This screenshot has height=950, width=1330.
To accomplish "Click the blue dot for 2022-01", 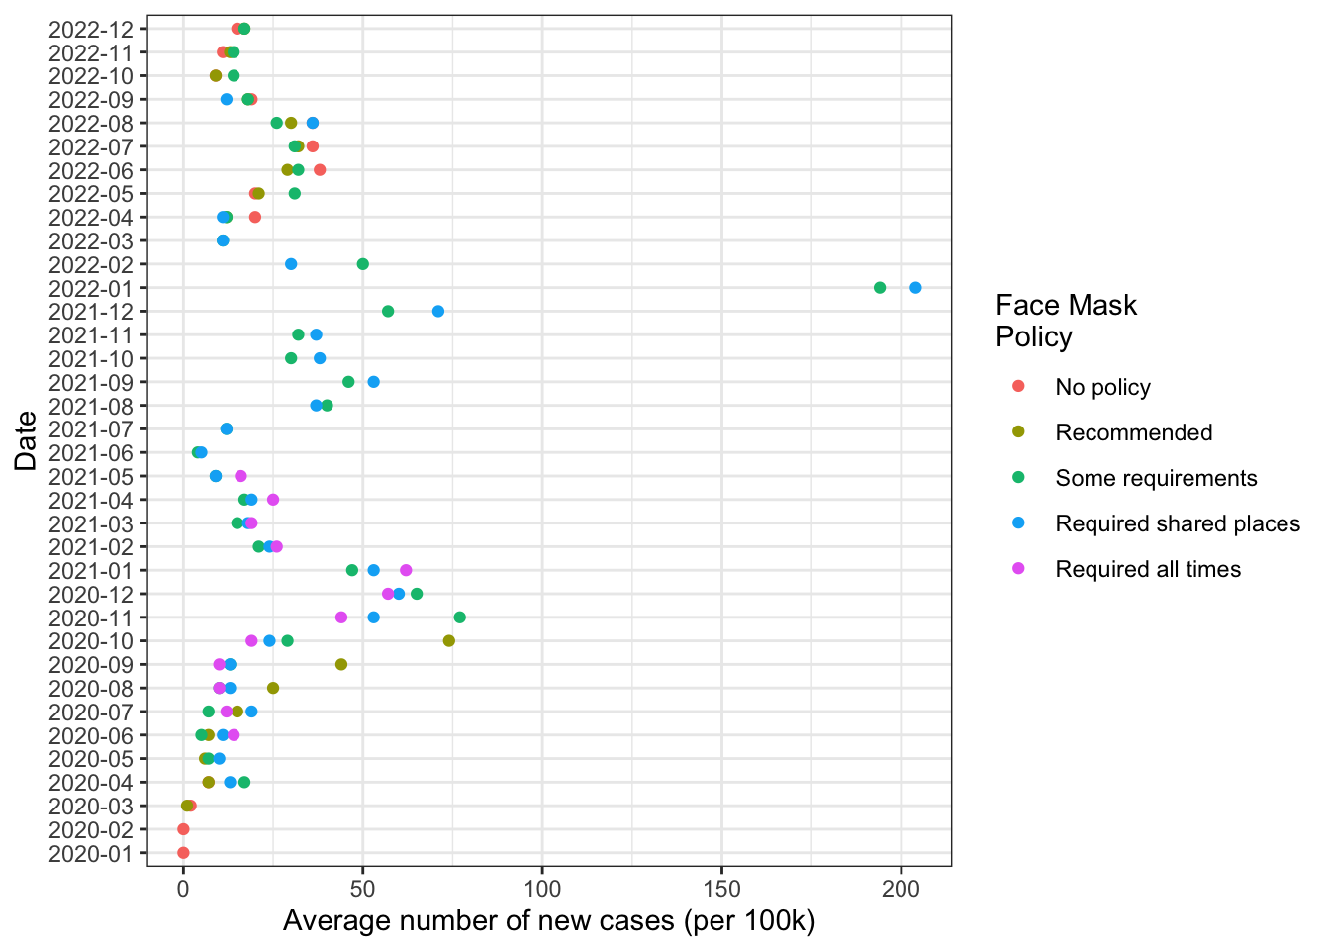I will coord(915,288).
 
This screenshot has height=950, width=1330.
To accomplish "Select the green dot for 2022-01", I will coord(880,288).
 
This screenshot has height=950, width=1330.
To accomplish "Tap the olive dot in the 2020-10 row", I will coord(449,641).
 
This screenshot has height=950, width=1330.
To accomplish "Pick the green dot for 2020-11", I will coord(459,617).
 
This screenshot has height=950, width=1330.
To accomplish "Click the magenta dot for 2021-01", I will coord(406,570).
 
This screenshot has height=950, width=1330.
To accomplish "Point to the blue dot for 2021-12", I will coord(438,312).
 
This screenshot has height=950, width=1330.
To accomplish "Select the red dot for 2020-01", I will coord(183,853).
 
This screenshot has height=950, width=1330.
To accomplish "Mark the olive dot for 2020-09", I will coord(341,665).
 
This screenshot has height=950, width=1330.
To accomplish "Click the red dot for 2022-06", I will coord(320,170).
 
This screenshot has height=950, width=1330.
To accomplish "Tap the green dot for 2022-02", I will coord(363,264).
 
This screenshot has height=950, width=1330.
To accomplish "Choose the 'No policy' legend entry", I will coord(1102,387).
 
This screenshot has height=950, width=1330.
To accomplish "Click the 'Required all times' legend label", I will coord(1148,569).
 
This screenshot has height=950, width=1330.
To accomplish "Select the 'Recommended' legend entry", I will coord(1133,432).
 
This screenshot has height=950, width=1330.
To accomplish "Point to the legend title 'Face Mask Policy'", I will coord(1066,321).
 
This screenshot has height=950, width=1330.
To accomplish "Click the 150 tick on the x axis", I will coord(721,887).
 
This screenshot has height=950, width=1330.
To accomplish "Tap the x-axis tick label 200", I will coord(901,887).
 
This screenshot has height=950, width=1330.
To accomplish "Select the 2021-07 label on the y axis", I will coord(90,429).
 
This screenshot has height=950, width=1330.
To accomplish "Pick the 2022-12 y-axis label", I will coord(90,29).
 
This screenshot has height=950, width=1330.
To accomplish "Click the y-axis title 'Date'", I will coord(26,440).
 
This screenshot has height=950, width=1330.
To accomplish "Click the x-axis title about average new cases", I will coord(549,921).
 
